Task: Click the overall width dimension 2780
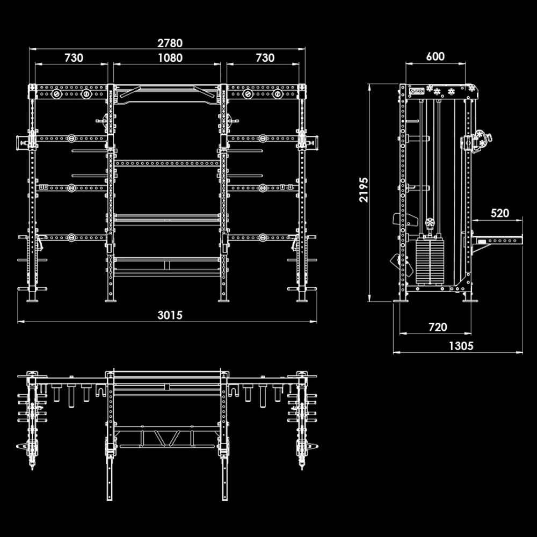point(170,42)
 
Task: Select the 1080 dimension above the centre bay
point(170,57)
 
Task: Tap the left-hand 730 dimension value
point(74,57)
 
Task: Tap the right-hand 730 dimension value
point(265,57)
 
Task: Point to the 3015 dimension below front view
point(170,315)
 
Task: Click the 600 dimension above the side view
point(435,56)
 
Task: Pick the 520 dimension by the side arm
point(499,213)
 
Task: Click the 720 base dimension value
point(438,326)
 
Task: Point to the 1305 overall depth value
point(461,346)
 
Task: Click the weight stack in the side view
point(430,260)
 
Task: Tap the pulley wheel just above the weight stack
point(430,222)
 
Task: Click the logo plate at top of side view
point(416,91)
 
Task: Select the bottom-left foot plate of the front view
point(32,300)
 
